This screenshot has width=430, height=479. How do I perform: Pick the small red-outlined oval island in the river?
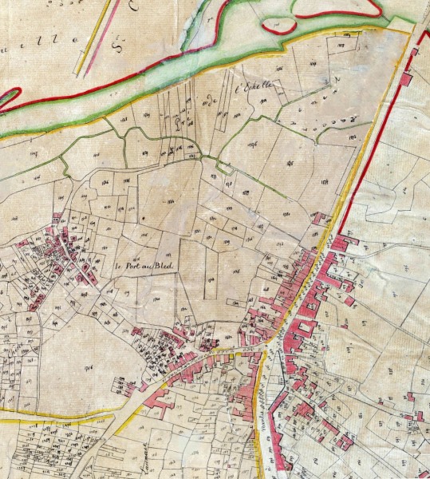click(278, 26)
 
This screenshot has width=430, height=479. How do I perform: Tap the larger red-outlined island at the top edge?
click(335, 8)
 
